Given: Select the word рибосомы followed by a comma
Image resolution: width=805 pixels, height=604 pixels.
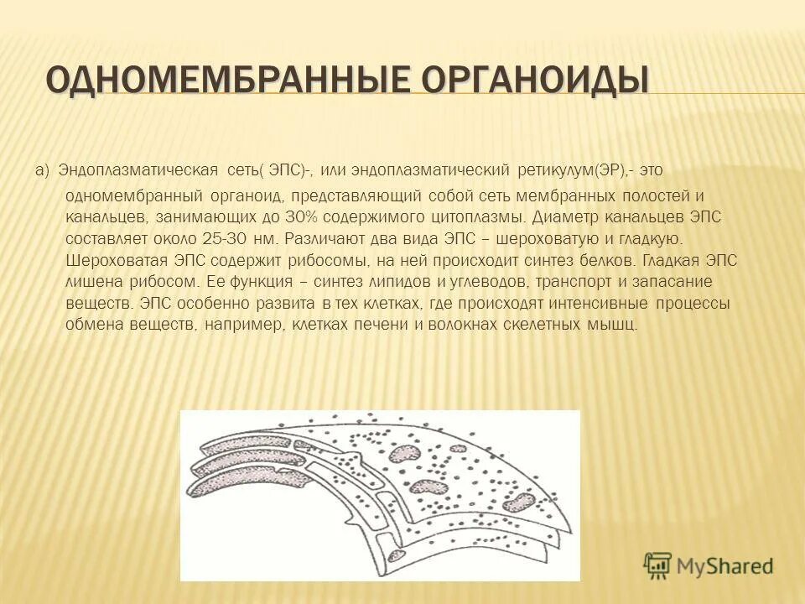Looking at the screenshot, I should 330,260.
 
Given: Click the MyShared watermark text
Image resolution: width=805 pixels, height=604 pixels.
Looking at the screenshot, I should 725,565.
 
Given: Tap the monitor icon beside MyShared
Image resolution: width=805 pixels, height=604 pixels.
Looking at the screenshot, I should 657,565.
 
